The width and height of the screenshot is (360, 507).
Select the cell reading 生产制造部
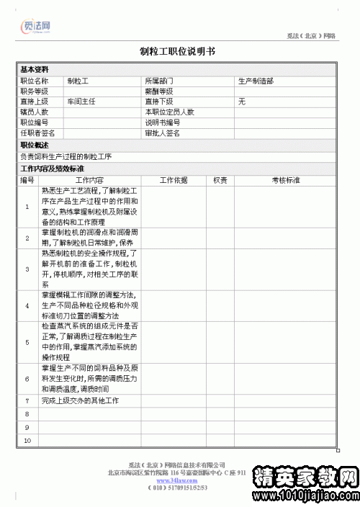[256, 81]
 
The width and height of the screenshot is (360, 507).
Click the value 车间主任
[81, 102]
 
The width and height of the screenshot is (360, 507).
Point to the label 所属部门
[159, 81]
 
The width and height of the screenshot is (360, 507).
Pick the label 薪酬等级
[159, 91]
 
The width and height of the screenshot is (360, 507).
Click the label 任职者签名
[38, 133]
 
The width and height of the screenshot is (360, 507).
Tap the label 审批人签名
[163, 133]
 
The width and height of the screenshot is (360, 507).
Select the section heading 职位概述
[34, 145]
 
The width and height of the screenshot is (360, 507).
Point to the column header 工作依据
[173, 180]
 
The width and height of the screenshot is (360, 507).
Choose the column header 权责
[220, 180]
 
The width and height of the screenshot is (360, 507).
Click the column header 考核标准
[285, 180]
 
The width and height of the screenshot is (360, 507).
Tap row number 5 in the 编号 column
[27, 342]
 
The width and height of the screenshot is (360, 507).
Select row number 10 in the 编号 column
[27, 439]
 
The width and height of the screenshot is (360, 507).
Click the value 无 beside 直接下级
[242, 102]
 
